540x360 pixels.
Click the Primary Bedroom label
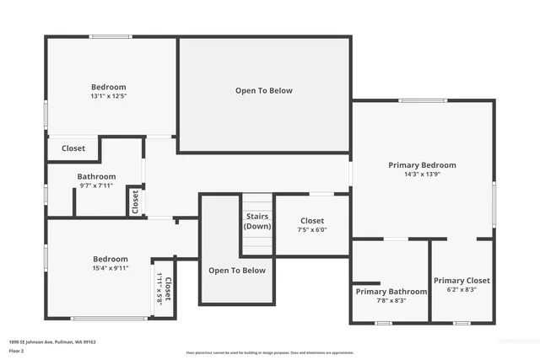[x=422, y=165]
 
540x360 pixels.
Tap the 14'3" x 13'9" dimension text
[x=422, y=175]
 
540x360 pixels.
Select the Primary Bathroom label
[x=391, y=291]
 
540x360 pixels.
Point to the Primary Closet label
[x=462, y=280]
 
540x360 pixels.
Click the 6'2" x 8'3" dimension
[x=462, y=289]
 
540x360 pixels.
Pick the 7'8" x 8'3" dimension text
[x=391, y=300]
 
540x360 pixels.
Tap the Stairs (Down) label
[x=257, y=222]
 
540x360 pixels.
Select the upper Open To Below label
[x=263, y=90]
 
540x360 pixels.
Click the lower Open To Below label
[x=237, y=271]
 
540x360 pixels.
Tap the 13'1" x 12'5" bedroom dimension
[x=108, y=96]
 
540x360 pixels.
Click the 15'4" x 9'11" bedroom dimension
[x=111, y=268]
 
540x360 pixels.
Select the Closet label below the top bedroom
[x=73, y=148]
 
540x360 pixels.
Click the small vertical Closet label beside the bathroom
[x=135, y=202]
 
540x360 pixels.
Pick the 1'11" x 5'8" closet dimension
[x=158, y=287]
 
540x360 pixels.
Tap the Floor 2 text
[x=16, y=349]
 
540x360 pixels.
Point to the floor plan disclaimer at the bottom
[x=270, y=352]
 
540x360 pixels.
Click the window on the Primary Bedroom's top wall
[x=423, y=101]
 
